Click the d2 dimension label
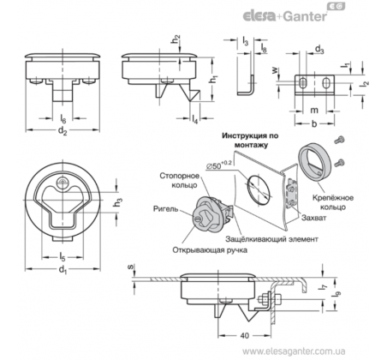click(x=63, y=131)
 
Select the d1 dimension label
click(x=63, y=270)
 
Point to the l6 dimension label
click(x=63, y=118)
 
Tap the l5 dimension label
click(x=63, y=257)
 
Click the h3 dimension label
click(x=118, y=202)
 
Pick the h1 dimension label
click(x=213, y=79)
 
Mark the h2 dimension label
click(x=176, y=39)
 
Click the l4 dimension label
click(x=195, y=119)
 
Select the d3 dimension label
click(x=319, y=50)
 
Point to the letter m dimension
click(x=314, y=110)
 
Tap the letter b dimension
click(x=314, y=123)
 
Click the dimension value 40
click(x=245, y=335)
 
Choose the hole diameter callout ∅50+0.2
click(x=218, y=165)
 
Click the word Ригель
click(x=165, y=209)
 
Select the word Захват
click(x=313, y=218)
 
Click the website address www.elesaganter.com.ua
click(x=294, y=351)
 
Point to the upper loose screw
click(x=339, y=141)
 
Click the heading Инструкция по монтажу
click(x=250, y=141)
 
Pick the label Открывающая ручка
click(x=210, y=250)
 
